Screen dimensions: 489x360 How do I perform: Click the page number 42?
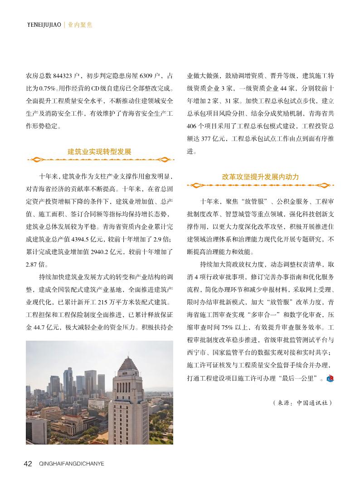[28, 464]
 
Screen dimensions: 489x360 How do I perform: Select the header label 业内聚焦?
[80, 25]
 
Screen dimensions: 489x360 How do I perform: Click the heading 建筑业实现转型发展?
[99, 152]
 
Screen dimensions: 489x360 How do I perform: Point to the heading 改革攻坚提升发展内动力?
[260, 177]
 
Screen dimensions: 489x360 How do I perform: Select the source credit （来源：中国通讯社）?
[302, 402]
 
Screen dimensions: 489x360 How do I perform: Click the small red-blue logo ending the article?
[330, 378]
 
